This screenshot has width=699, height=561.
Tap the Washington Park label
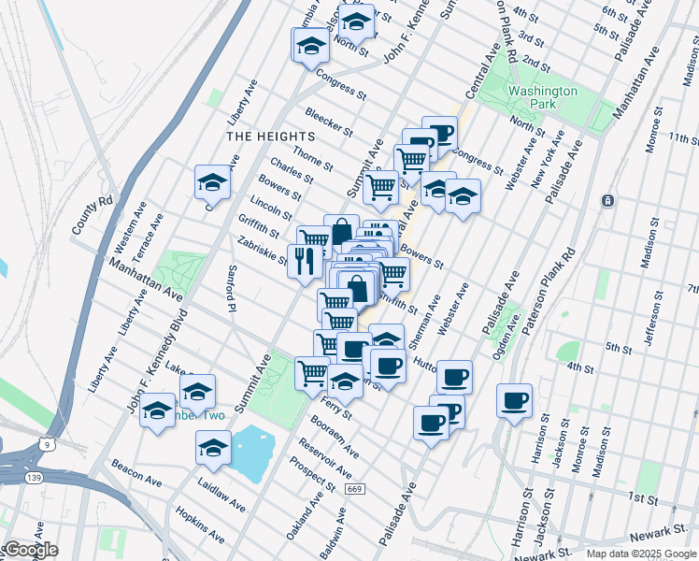click(x=543, y=97)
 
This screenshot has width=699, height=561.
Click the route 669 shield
click(x=352, y=487)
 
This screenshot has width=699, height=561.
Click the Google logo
click(x=31, y=550)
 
